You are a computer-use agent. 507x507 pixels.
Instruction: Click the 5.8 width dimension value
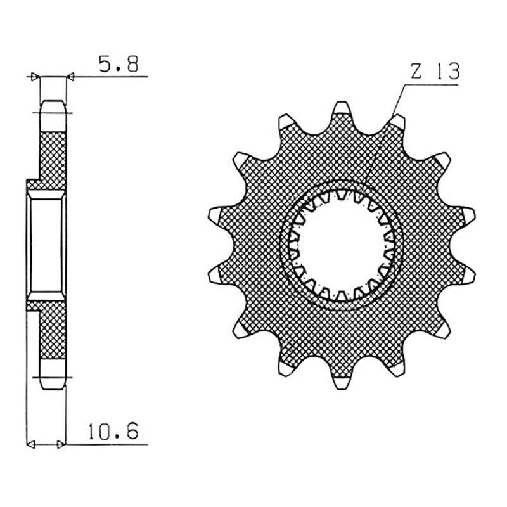click(119, 64)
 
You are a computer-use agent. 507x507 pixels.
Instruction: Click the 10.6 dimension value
click(113, 430)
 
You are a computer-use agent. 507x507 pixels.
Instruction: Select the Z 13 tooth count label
click(435, 72)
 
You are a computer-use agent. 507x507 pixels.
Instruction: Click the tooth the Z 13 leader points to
click(397, 122)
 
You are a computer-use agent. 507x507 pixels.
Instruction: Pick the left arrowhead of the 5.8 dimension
click(35, 77)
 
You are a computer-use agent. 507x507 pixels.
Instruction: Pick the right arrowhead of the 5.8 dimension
click(70, 77)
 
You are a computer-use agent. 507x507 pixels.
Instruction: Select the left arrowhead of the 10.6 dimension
click(30, 444)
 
